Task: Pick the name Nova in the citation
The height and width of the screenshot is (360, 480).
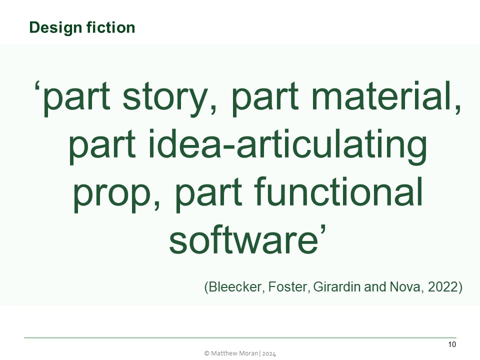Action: point(395,287)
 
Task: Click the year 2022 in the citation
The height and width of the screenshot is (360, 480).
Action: point(441,287)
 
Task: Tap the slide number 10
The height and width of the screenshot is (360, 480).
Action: point(452,344)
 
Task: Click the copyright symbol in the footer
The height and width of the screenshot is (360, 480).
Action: point(207,353)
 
